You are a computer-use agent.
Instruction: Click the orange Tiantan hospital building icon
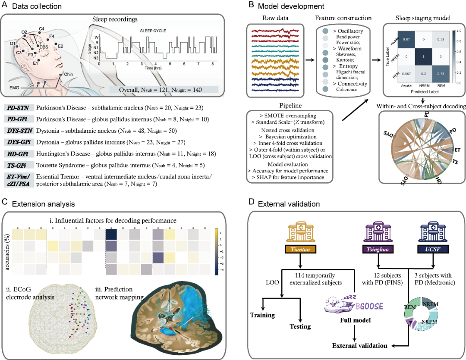click(x=301, y=233)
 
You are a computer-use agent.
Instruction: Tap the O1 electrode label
click(x=14, y=43)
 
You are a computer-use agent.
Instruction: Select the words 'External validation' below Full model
click(x=359, y=345)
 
